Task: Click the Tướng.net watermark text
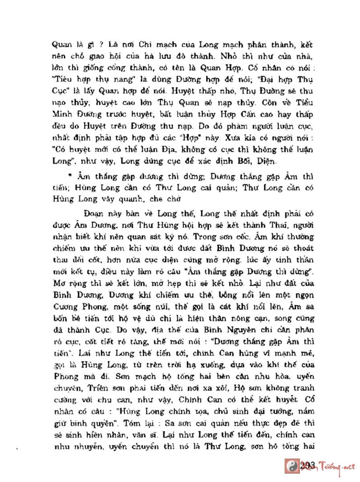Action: (x=335, y=466)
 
